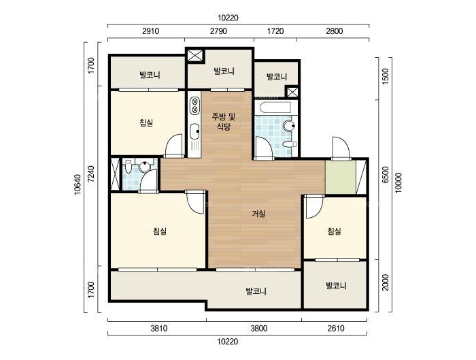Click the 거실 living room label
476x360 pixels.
coord(258,214)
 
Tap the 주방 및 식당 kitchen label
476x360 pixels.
coord(224,122)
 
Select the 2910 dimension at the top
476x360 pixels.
coord(150,31)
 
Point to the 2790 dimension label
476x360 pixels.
coord(218,31)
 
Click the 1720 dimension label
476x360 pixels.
coord(275,31)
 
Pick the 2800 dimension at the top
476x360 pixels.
coord(335,31)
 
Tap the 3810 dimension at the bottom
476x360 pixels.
coord(158,329)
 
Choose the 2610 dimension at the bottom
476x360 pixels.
coord(336,329)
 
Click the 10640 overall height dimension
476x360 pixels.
coord(78,185)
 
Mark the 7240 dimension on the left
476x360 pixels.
coord(90,174)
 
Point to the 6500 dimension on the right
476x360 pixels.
coord(386,175)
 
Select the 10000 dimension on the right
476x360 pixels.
coord(398,182)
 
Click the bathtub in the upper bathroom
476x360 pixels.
coord(273,108)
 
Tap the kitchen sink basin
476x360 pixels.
coord(194,132)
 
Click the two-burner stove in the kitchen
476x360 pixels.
coord(194,105)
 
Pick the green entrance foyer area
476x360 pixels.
coord(340,178)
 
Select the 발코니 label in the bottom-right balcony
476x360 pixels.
coord(336,286)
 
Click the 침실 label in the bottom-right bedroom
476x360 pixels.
coord(335,231)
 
